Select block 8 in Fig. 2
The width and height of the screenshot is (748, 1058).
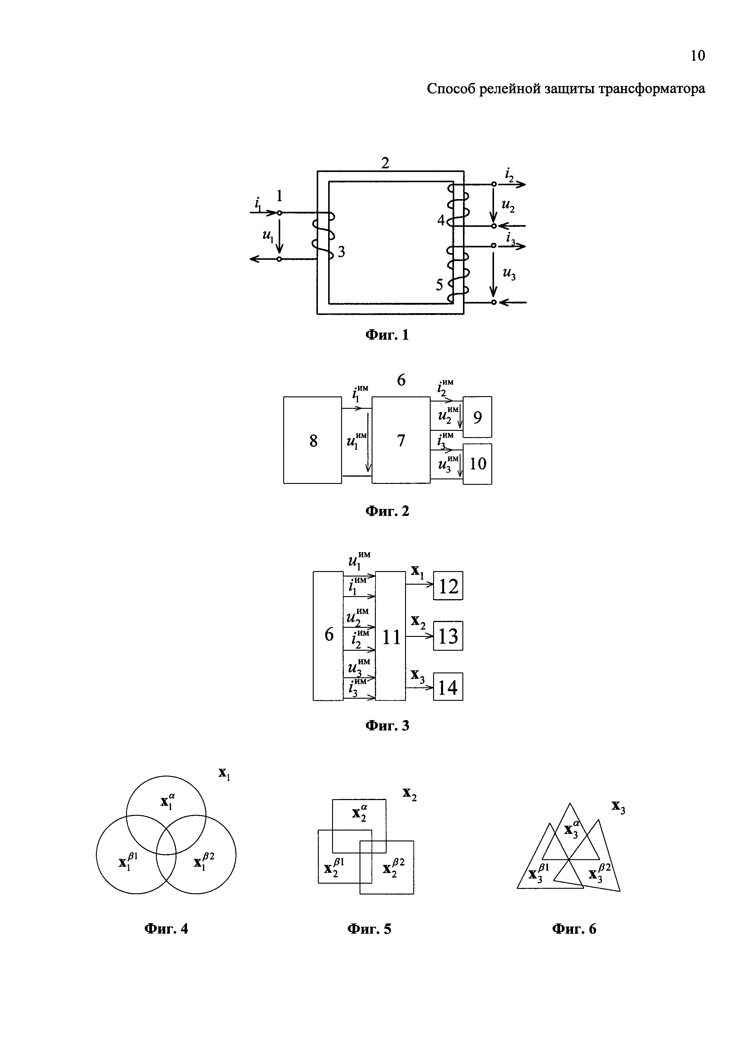pos(313,440)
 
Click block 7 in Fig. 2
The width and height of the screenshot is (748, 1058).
pos(401,440)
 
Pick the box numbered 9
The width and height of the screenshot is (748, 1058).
pos(478,417)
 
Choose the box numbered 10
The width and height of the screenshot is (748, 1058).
pos(478,464)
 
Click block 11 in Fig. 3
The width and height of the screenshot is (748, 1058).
pos(391,637)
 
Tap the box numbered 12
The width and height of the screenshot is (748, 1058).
pos(448,586)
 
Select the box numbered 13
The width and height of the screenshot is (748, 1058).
pos(448,636)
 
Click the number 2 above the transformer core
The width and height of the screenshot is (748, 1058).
pos(385,163)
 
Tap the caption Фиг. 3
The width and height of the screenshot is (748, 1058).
pos(387,726)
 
